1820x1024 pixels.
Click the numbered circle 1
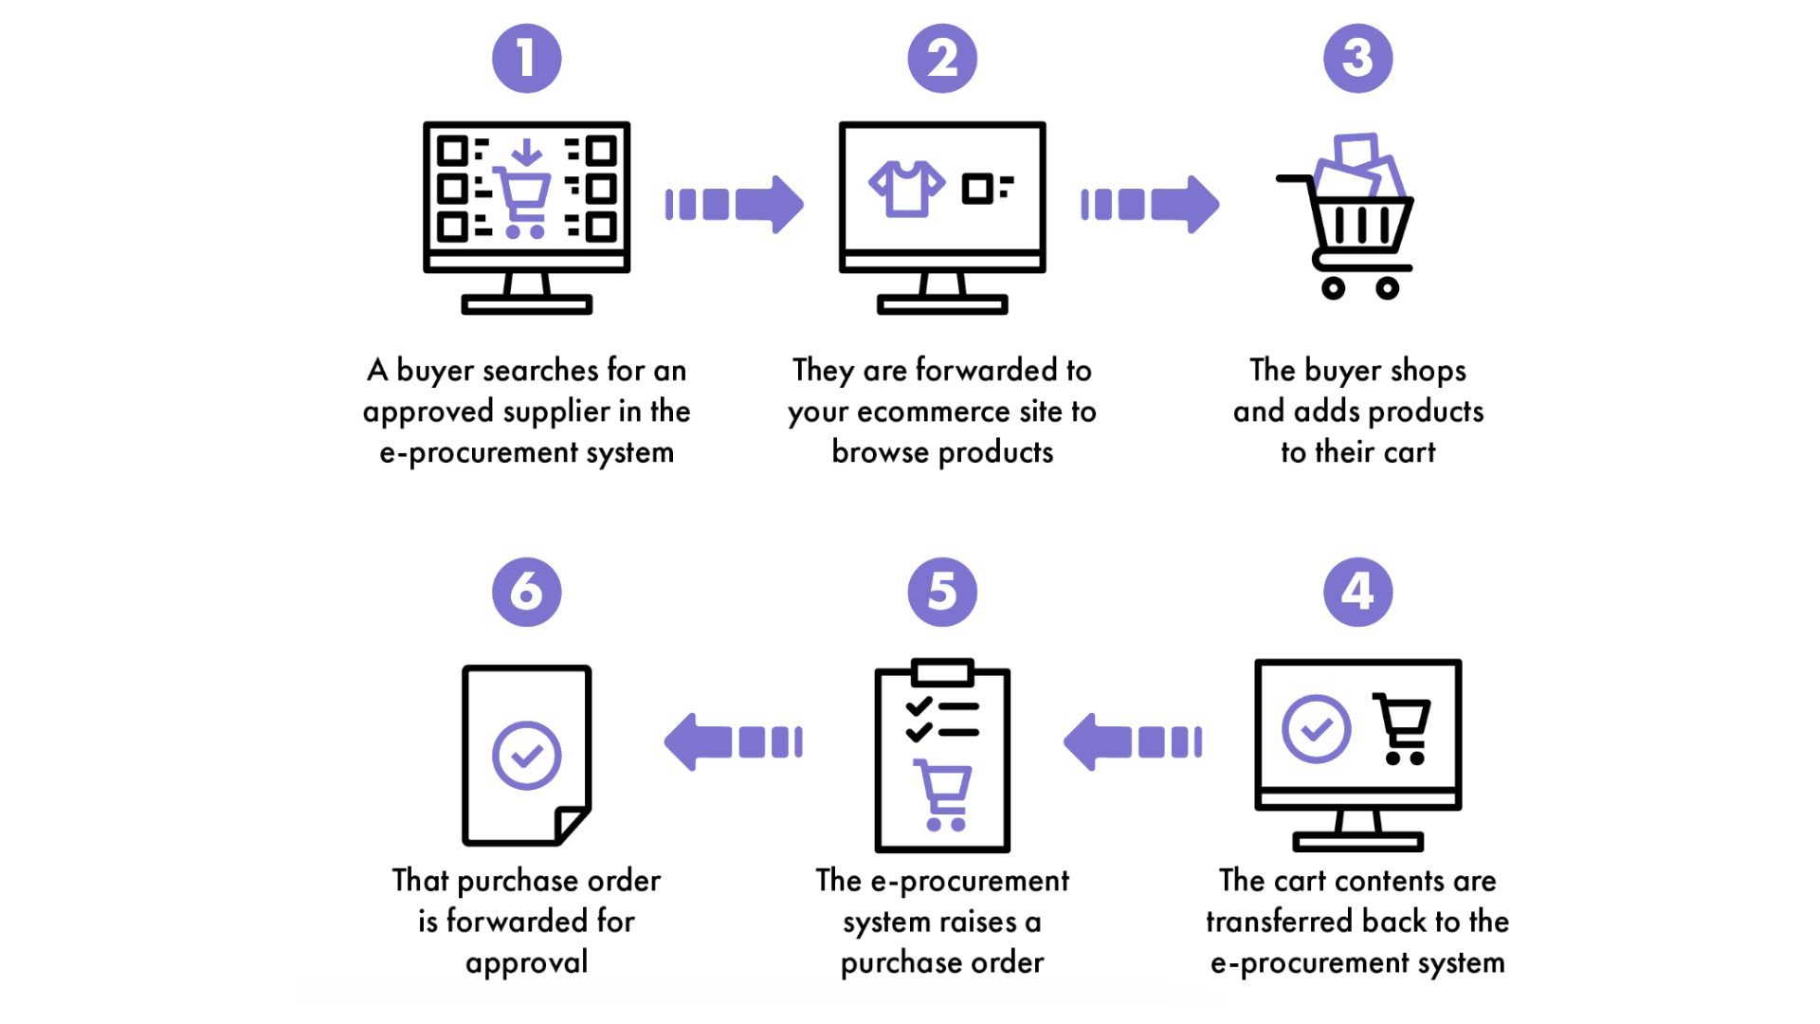[526, 59]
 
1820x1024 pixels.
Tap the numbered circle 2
[941, 59]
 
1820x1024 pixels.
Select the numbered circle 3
[1357, 59]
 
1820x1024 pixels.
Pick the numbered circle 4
[1357, 593]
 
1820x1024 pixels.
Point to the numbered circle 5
[941, 593]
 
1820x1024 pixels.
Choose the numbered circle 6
[526, 593]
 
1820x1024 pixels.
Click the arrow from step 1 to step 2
[735, 204]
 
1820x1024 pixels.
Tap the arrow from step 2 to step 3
[1150, 204]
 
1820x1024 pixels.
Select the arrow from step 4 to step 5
[1133, 741]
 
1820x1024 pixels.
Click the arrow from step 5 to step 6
[734, 741]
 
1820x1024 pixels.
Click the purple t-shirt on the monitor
[906, 188]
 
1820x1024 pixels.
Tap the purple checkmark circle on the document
[526, 756]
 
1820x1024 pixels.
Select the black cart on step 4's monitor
[1403, 728]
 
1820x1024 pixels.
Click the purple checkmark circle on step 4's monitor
[1316, 729]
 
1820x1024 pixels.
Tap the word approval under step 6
[526, 963]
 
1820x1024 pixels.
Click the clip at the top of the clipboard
[942, 673]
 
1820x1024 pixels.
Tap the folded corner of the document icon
[572, 823]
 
